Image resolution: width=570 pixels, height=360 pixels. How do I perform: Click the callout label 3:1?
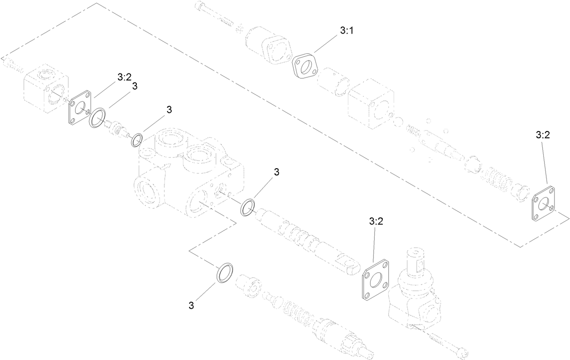(347, 31)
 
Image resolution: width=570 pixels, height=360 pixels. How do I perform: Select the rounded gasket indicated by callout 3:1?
(306, 65)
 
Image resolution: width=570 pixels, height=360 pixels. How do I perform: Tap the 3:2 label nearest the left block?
(124, 77)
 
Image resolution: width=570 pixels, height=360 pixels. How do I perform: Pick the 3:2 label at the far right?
(542, 135)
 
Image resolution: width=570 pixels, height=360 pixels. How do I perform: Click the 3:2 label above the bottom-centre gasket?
(376, 221)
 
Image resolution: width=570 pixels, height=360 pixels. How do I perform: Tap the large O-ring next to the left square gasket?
(97, 118)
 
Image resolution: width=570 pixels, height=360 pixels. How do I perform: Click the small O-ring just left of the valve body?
(137, 140)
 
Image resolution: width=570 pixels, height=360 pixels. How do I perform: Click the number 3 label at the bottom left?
(191, 306)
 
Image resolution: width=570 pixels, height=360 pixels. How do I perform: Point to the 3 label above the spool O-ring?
(276, 172)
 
